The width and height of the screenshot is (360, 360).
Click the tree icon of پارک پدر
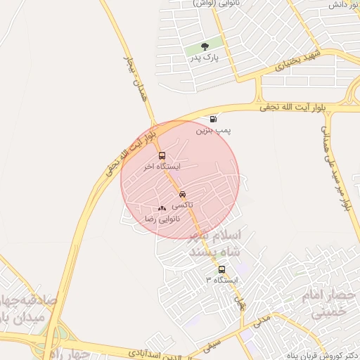pos(205,46)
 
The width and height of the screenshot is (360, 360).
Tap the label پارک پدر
pos(205,58)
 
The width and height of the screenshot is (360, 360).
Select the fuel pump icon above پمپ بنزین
pos(213,120)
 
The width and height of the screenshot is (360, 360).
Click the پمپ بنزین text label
pos(213,131)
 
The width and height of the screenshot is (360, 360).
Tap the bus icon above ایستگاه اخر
pos(162,156)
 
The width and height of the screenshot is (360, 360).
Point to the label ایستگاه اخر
pos(162,167)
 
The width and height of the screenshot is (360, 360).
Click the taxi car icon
pos(183,194)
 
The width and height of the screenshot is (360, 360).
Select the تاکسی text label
pos(183,205)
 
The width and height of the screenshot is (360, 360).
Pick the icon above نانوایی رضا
pos(162,208)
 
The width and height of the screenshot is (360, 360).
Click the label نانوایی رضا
pos(162,219)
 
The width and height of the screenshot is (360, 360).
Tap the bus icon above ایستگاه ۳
pos(222,269)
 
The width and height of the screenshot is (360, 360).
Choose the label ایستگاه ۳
pos(222,280)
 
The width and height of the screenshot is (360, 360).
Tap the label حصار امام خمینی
pos(330,303)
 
